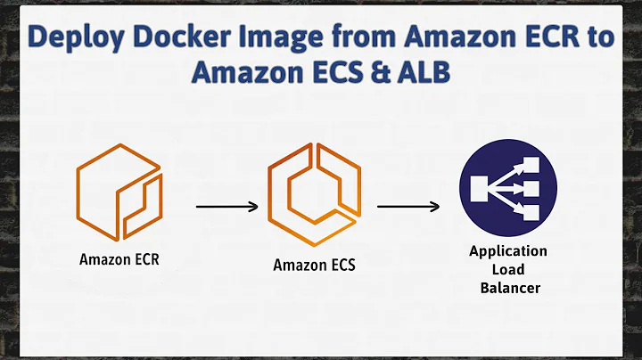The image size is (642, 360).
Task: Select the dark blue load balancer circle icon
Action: (507, 189)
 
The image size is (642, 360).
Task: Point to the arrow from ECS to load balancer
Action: (407, 207)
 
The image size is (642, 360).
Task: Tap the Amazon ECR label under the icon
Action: (118, 260)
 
